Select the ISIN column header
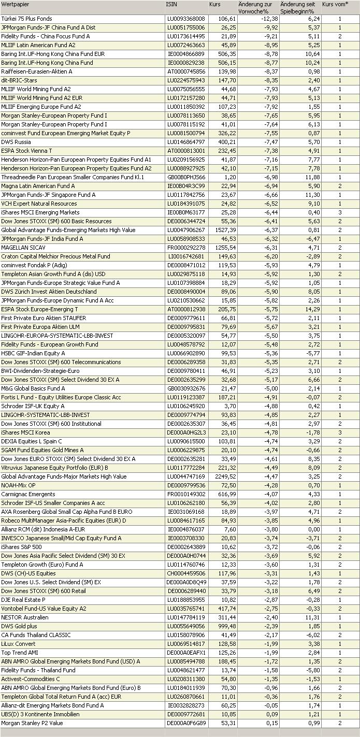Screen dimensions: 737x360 click(x=171, y=4)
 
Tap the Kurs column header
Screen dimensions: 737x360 click(x=215, y=4)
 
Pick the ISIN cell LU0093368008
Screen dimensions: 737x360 click(x=185, y=19)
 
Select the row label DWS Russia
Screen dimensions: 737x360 click(x=16, y=142)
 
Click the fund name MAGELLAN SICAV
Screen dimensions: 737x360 click(x=21, y=248)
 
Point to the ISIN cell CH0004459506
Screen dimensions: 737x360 click(x=185, y=573)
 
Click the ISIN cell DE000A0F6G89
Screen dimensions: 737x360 click(x=186, y=723)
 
